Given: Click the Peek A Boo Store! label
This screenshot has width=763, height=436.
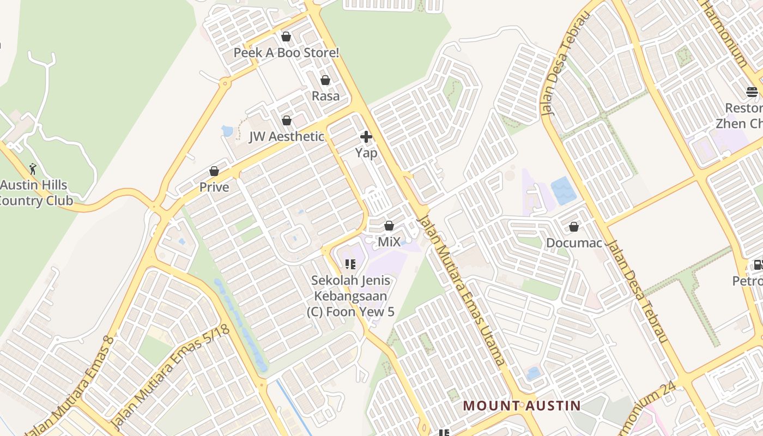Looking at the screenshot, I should pyautogui.click(x=286, y=53).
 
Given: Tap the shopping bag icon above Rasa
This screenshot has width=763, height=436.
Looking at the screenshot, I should pyautogui.click(x=325, y=80).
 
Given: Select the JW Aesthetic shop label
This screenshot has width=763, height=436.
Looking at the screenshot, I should pyautogui.click(x=287, y=136).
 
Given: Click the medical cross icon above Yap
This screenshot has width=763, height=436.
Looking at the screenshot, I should pyautogui.click(x=366, y=137).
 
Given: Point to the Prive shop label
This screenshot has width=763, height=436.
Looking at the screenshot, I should pyautogui.click(x=214, y=187).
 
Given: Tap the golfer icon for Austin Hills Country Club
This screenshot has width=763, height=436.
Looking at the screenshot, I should pyautogui.click(x=33, y=169).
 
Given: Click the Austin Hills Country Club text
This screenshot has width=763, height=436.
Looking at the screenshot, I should pyautogui.click(x=36, y=193).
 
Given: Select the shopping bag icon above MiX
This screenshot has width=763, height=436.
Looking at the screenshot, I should pyautogui.click(x=389, y=225).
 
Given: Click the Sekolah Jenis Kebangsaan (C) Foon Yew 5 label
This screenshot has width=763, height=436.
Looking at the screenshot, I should pyautogui.click(x=353, y=296).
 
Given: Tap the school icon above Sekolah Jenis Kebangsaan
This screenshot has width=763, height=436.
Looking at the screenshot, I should pyautogui.click(x=350, y=264).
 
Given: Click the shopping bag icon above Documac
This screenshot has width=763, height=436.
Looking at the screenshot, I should pyautogui.click(x=573, y=226).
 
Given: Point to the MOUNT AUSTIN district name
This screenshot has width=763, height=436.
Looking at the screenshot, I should pyautogui.click(x=522, y=405).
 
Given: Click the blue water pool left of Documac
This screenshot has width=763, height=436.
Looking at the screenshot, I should pyautogui.click(x=564, y=191).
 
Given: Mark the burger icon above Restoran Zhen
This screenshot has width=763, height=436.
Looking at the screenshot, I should pyautogui.click(x=752, y=92).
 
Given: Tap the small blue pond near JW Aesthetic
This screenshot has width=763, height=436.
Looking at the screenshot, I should pyautogui.click(x=227, y=131).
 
